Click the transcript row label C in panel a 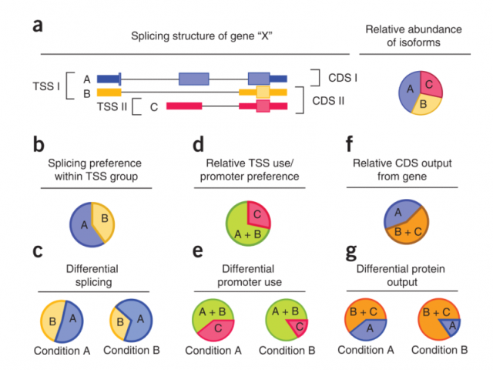point(154,106)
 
